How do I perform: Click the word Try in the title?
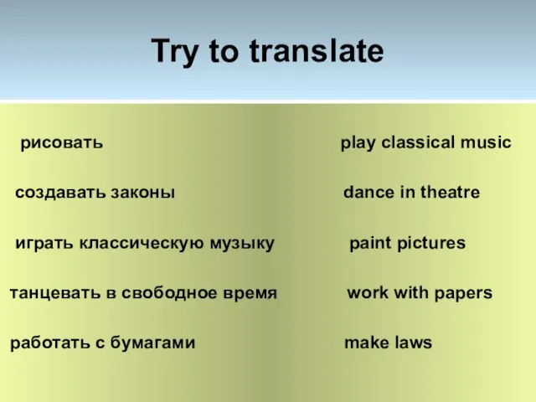(175, 52)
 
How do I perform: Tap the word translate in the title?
(317, 50)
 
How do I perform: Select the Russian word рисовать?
(61, 143)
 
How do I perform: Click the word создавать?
(60, 193)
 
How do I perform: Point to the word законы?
(143, 193)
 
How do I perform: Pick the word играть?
(44, 244)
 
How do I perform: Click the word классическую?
(142, 244)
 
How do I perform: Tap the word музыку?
(242, 244)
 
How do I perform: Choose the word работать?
(50, 343)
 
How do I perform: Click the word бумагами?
(152, 343)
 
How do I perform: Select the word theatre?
(450, 192)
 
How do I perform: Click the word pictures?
(431, 244)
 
